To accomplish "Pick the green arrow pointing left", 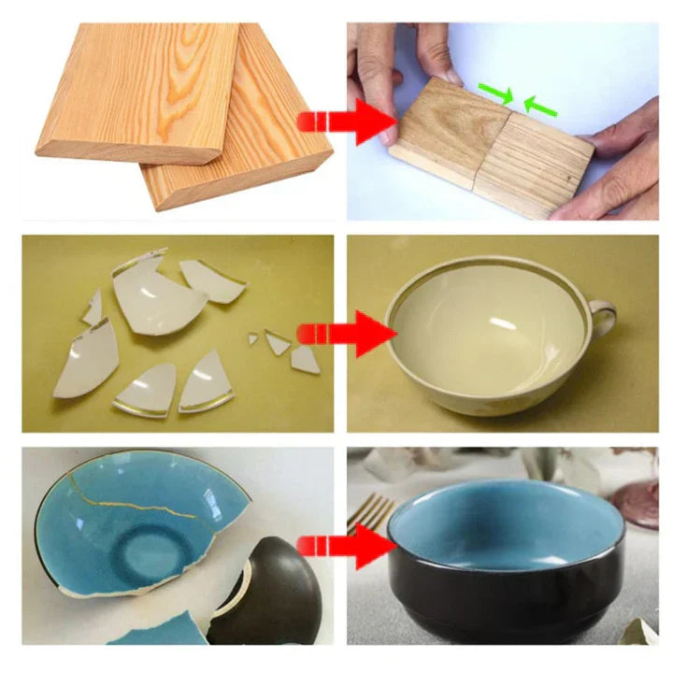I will point(539,105).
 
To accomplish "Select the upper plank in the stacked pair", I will point(140,89).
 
